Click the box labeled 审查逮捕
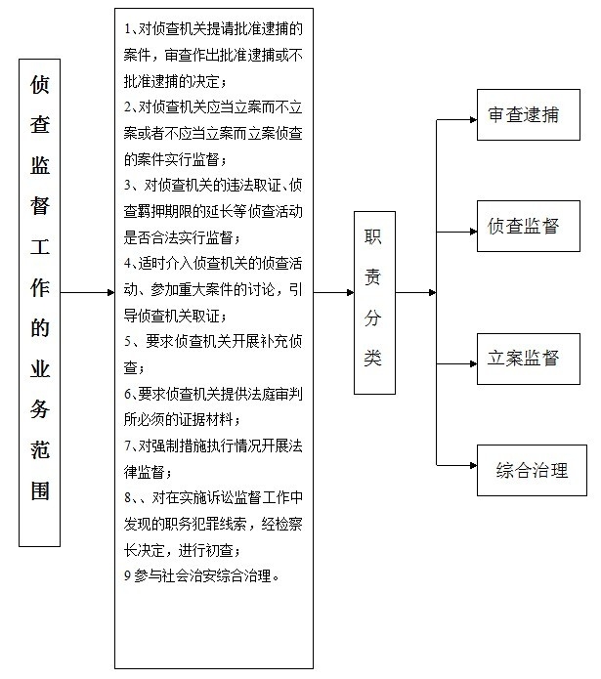pos(529,114)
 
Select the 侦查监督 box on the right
pos(529,226)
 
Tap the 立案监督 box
pos(529,359)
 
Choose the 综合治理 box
pos(532,470)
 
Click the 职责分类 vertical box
pos(374,303)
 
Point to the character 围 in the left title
pos(40,490)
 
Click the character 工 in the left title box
pos(40,246)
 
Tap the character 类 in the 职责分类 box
pos(372,358)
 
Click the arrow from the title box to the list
pos(87,293)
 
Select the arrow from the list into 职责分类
pos(333,293)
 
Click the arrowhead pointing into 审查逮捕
pos(473,119)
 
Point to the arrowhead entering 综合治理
pos(473,465)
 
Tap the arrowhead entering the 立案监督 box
pos(473,363)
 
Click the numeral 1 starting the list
pos(127,29)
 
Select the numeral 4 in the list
pos(127,264)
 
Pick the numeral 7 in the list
pos(127,446)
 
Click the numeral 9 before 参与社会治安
pos(127,576)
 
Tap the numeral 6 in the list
pos(127,394)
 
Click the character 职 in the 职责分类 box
pos(372,236)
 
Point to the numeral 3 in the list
pos(127,186)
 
